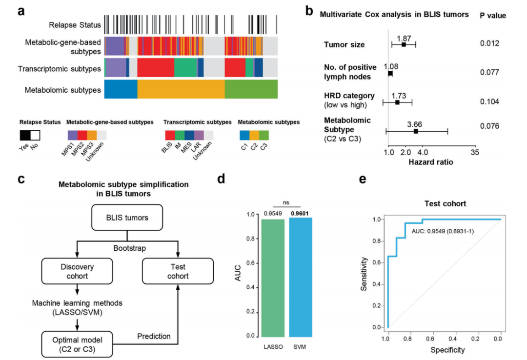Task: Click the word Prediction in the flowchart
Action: coord(153,336)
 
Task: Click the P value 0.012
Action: coord(489,44)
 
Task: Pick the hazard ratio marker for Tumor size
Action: coord(404,45)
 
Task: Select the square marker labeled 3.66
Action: coord(416,131)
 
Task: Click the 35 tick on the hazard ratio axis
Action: coord(475,153)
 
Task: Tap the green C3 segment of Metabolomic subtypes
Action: coord(251,90)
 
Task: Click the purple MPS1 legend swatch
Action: coord(72,135)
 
